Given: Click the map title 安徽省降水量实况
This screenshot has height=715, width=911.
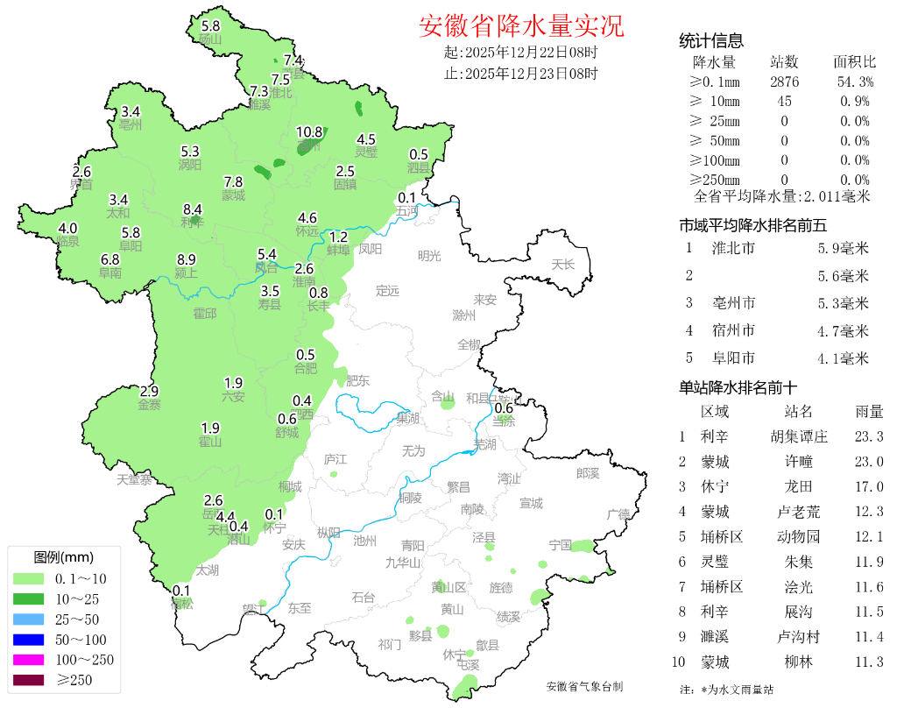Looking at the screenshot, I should point(521,26).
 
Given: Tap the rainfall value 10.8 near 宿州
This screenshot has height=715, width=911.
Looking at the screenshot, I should point(309,132).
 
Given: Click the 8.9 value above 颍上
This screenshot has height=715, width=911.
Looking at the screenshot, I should point(187,259).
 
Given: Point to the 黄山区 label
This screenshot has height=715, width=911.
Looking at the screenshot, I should point(448,587).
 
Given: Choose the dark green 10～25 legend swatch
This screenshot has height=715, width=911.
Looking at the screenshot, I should point(28,598).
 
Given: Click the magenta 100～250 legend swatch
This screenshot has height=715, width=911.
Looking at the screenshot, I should point(28,659).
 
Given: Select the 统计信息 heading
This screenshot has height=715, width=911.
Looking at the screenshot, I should point(711,40).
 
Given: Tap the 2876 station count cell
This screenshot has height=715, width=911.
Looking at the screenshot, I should point(784,82).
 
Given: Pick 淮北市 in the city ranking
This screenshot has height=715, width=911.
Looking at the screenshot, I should point(734,249).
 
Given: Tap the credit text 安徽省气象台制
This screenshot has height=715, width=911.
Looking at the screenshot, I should point(584,687).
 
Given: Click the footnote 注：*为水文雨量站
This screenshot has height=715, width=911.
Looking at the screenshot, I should point(726,690).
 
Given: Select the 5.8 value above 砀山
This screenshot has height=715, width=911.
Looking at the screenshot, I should point(211,26).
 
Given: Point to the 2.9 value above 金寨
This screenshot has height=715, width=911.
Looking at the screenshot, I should point(149,391).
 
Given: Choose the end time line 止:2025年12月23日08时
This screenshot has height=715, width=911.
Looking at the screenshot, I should point(521,74).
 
